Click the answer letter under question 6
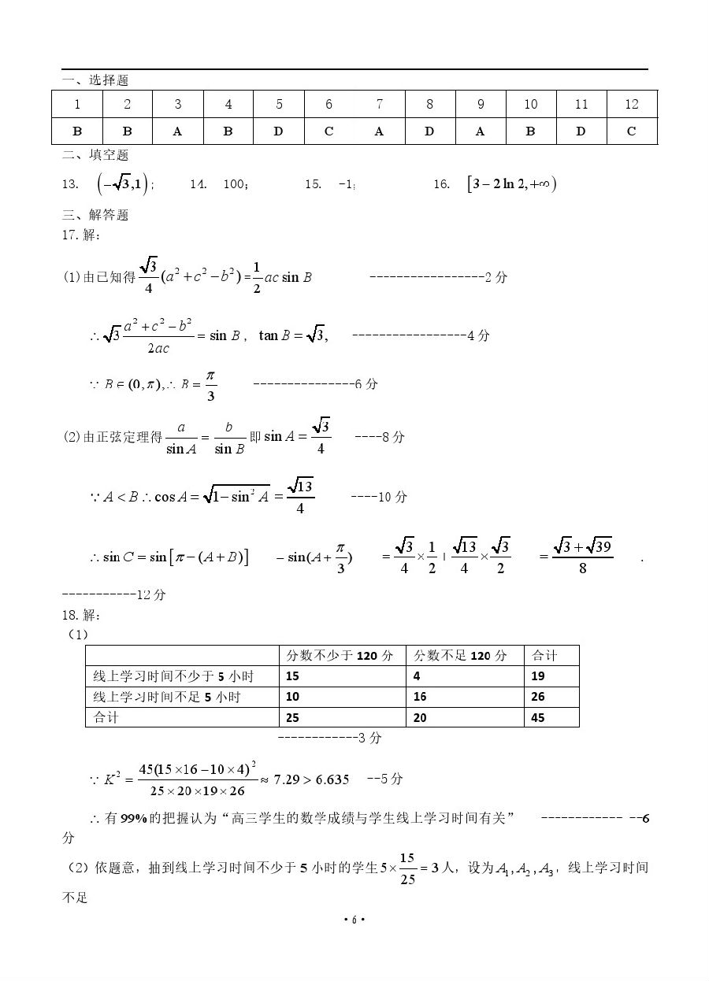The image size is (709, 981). (329, 131)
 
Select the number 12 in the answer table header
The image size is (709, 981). (631, 104)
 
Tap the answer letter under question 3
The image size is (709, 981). (177, 131)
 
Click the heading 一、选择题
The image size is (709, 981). (95, 80)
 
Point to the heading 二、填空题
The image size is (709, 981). (95, 155)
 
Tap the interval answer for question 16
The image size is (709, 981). (511, 184)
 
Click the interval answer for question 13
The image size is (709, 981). (122, 184)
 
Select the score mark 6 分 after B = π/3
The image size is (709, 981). (366, 384)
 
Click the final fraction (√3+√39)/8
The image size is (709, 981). (583, 556)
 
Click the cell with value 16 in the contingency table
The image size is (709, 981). (420, 697)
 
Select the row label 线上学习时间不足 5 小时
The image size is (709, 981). (167, 697)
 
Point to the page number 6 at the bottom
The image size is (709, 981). (354, 920)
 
